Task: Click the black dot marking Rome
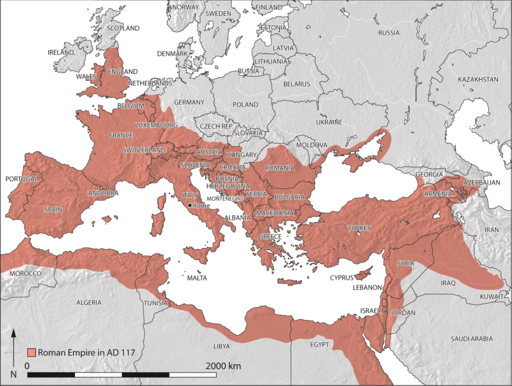pos(189,205)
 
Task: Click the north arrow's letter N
pos(14,375)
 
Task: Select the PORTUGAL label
pos(22,179)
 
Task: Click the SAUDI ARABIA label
pos(472,339)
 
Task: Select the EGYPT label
pos(320,346)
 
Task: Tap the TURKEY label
pos(359,228)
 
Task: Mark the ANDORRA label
pos(103,193)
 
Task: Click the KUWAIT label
pos(491,297)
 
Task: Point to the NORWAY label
pos(185,7)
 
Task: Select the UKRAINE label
pos(329,122)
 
